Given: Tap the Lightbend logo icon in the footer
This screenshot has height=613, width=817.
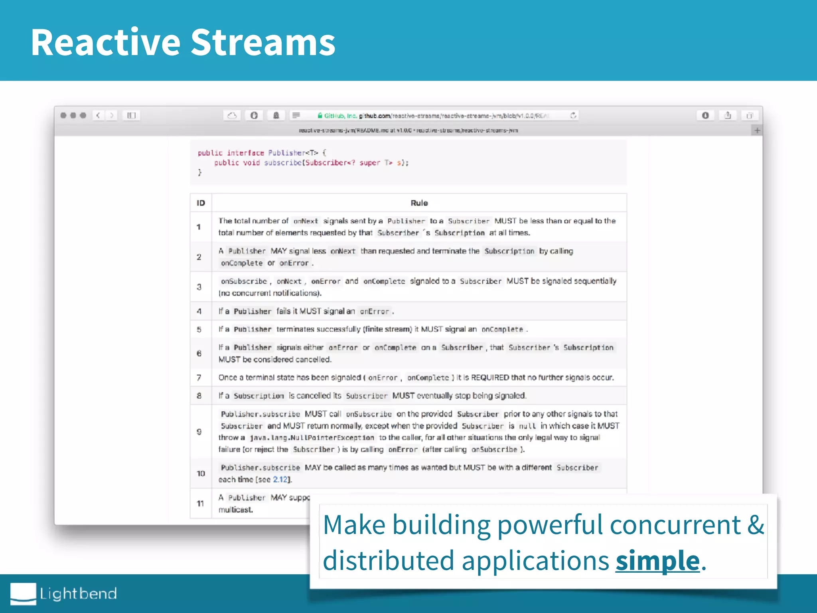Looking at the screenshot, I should pyautogui.click(x=23, y=593).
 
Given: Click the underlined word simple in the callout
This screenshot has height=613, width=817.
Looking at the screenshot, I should pyautogui.click(x=657, y=560).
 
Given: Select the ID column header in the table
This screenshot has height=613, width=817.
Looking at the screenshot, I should pyautogui.click(x=201, y=203).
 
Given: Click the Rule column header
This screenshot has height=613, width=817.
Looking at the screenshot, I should pyautogui.click(x=419, y=203).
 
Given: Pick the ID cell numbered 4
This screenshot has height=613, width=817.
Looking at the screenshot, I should pyautogui.click(x=199, y=311).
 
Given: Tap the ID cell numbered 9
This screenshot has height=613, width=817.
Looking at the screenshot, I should pyautogui.click(x=199, y=432).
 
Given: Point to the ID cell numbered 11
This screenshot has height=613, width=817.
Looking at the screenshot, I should pyautogui.click(x=200, y=504).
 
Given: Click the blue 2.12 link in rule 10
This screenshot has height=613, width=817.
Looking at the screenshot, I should pyautogui.click(x=280, y=479).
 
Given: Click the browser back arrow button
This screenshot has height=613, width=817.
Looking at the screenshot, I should pyautogui.click(x=98, y=115).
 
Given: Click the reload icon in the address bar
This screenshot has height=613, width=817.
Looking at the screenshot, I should pyautogui.click(x=573, y=115).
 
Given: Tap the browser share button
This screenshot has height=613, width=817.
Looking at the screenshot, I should pyautogui.click(x=728, y=115).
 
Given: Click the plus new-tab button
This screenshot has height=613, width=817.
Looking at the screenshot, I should pyautogui.click(x=757, y=131).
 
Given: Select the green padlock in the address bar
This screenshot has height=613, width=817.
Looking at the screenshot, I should pyautogui.click(x=320, y=116).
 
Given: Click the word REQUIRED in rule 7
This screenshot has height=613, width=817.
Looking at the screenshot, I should pyautogui.click(x=490, y=378).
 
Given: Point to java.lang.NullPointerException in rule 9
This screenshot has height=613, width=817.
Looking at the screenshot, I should pyautogui.click(x=312, y=438).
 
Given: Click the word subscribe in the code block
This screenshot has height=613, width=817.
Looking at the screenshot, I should pyautogui.click(x=283, y=163).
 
